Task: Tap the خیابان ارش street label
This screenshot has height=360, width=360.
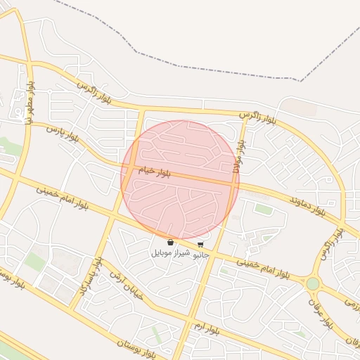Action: [126, 285]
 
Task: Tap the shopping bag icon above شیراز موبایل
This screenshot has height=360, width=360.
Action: [171, 243]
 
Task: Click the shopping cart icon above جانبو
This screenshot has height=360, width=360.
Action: [201, 244]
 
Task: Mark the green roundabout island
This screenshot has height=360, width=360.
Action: [312, 283]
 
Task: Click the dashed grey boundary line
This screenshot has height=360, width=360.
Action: [211, 42]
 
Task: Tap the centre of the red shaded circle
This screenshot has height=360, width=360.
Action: [180, 180]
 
